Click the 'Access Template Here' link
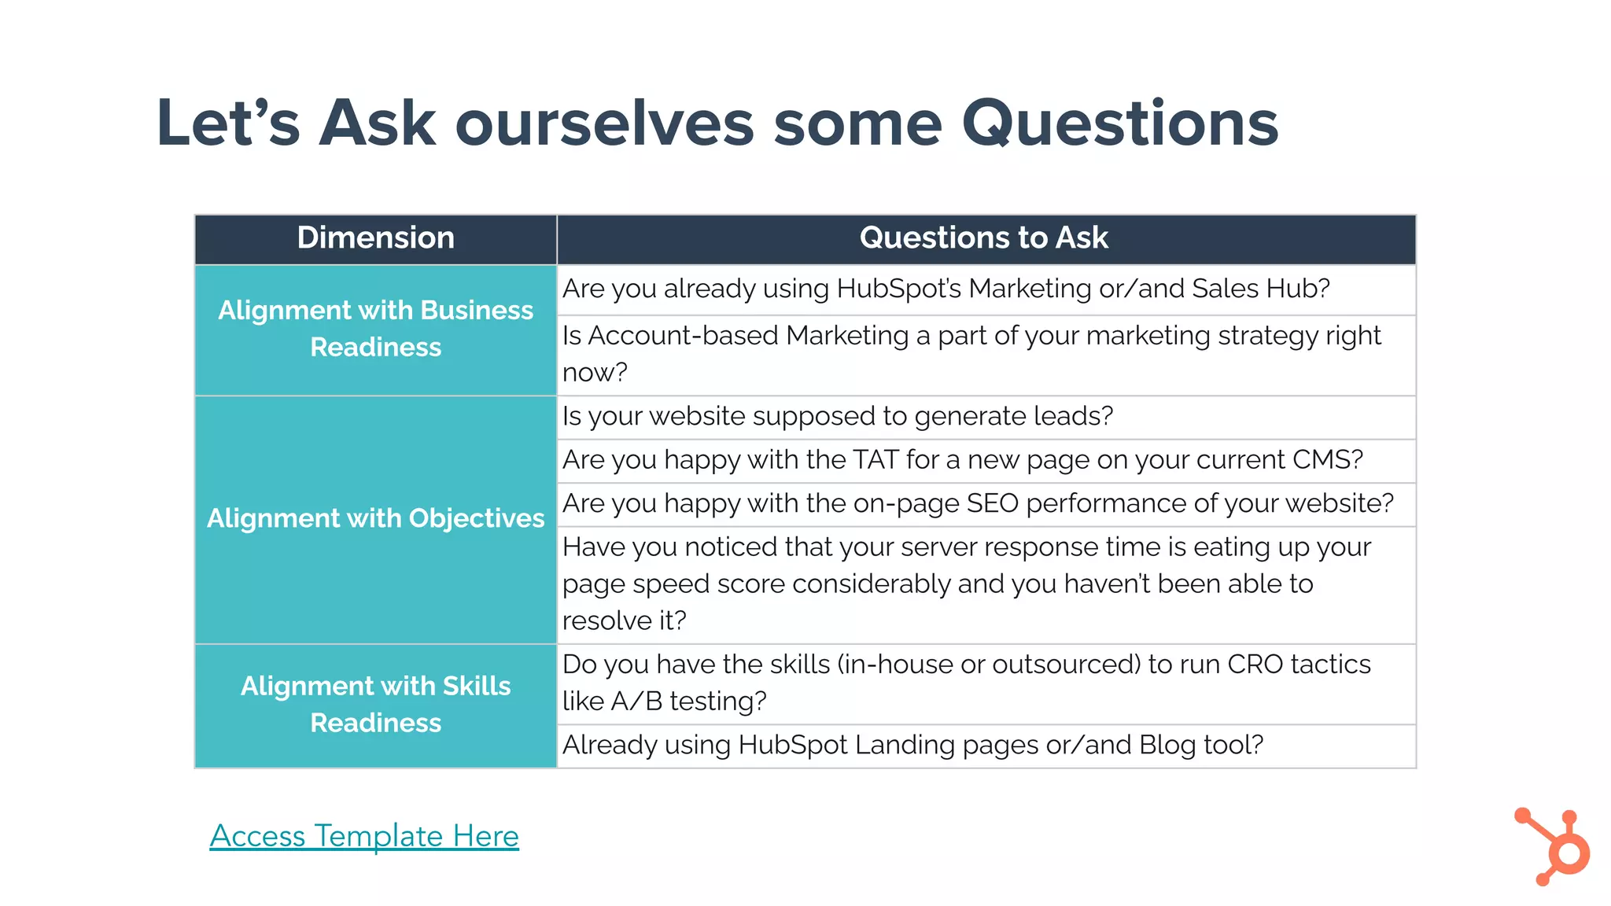pyautogui.click(x=363, y=835)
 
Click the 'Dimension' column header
pyautogui.click(x=375, y=238)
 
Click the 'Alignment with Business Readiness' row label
pyautogui.click(x=375, y=329)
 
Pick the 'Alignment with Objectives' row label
pyautogui.click(x=375, y=518)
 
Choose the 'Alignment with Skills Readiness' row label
pyautogui.click(x=375, y=704)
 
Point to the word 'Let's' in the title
pyautogui.click(x=228, y=123)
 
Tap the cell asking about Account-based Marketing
pyautogui.click(x=971, y=354)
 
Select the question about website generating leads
pyautogui.click(x=838, y=416)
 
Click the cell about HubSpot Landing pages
pyautogui.click(x=912, y=745)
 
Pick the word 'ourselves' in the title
pyautogui.click(x=604, y=123)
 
